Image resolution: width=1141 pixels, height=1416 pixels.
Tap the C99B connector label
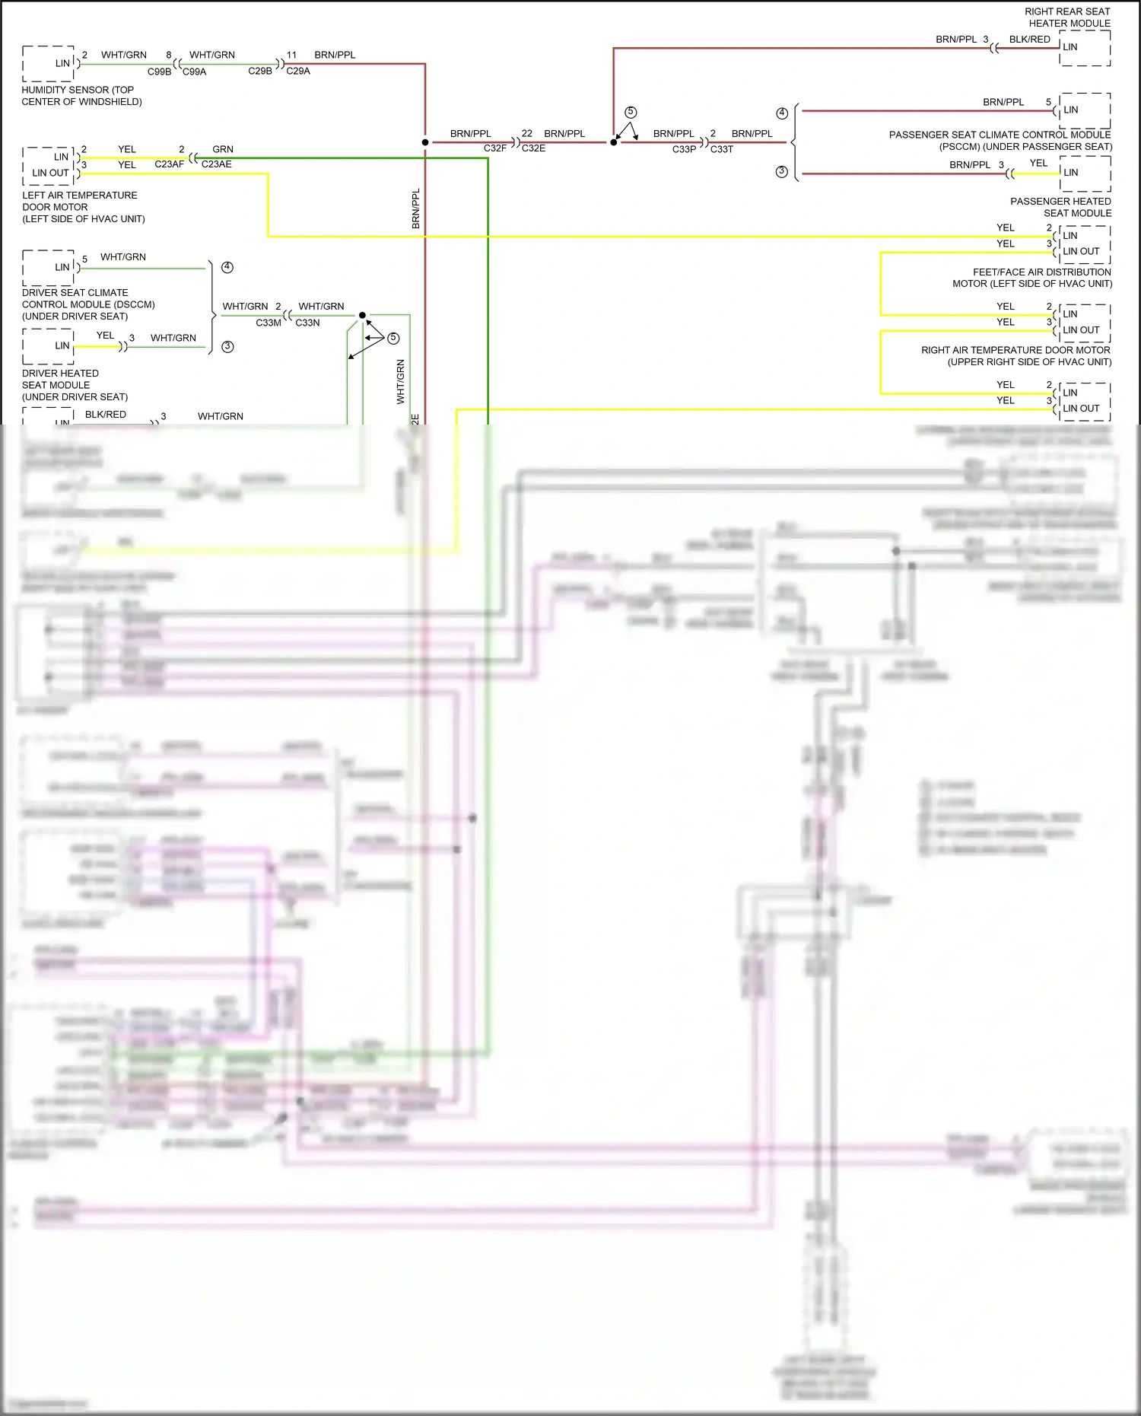click(x=159, y=72)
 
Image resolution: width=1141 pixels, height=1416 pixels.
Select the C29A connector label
click(x=298, y=71)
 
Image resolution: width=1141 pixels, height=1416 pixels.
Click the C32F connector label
click(x=495, y=148)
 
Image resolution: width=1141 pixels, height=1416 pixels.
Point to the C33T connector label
click(x=722, y=149)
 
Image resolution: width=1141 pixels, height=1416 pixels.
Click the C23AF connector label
click(x=169, y=164)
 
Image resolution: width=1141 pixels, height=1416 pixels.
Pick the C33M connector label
click(x=269, y=323)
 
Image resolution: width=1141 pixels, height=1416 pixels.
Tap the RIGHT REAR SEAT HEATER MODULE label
click(x=1067, y=18)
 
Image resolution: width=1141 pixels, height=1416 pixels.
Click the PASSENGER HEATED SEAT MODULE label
click(x=1060, y=207)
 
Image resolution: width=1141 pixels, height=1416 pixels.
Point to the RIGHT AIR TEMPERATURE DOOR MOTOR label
click(x=1016, y=356)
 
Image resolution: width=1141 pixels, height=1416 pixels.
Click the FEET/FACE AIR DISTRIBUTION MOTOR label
click(x=1032, y=278)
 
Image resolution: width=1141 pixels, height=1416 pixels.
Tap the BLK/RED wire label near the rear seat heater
click(x=1029, y=40)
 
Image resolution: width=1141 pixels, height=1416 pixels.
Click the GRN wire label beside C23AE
click(x=223, y=149)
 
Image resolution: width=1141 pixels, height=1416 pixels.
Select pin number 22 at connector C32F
click(x=526, y=133)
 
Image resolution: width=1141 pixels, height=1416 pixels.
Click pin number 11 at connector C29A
click(x=291, y=55)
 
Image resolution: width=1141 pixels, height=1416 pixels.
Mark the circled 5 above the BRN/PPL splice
click(x=631, y=113)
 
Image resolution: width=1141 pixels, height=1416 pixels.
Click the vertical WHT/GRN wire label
click(x=401, y=381)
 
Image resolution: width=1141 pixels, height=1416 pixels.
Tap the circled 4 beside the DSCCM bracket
click(x=227, y=267)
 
